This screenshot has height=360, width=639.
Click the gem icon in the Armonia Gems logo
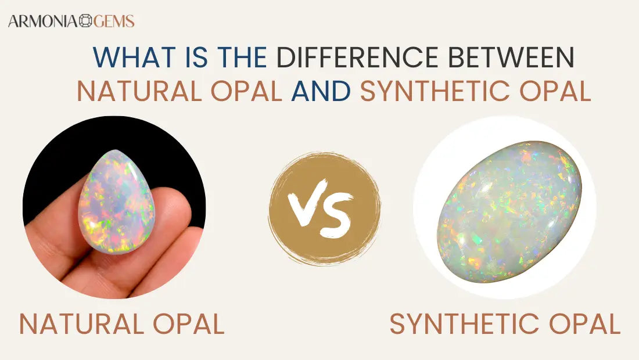(x=85, y=21)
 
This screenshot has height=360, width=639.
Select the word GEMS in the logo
(x=113, y=21)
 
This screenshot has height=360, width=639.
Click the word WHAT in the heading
(x=127, y=57)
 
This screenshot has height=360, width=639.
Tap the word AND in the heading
(x=321, y=91)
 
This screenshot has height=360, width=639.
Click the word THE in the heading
(x=242, y=57)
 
